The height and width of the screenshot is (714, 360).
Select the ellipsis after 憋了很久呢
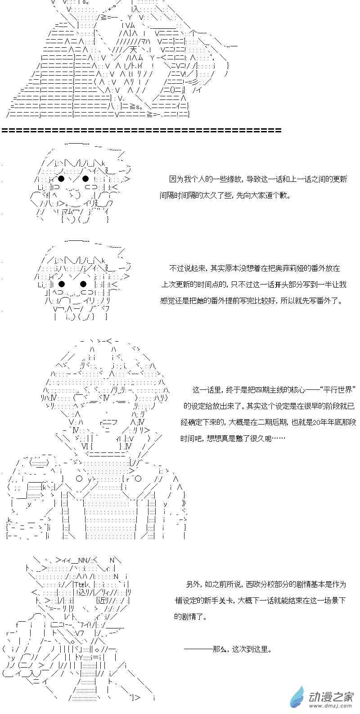(x=279, y=438)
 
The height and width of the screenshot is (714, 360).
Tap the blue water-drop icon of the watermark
(x=297, y=696)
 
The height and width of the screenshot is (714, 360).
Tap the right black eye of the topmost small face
(x=85, y=178)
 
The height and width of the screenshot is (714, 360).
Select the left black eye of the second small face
(x=62, y=284)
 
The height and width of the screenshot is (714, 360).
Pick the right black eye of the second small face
(x=83, y=284)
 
